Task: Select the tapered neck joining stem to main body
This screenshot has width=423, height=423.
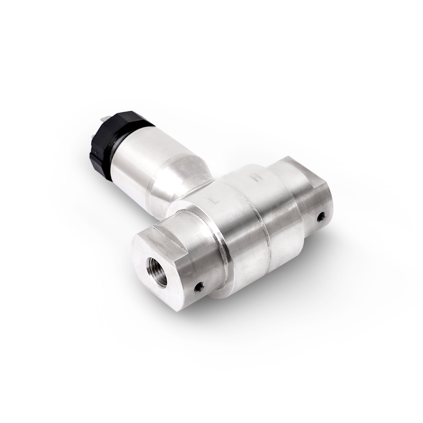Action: click(178, 178)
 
